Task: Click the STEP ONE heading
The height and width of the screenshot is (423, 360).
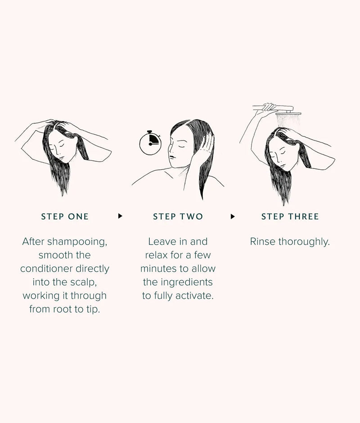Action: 65,217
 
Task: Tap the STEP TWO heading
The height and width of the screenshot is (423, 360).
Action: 178,217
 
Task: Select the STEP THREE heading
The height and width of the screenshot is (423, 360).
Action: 290,217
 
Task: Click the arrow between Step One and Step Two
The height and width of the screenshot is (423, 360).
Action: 120,216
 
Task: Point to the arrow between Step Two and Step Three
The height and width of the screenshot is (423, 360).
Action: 233,216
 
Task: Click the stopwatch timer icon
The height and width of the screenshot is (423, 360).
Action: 150,143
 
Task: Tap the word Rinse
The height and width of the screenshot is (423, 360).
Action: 263,242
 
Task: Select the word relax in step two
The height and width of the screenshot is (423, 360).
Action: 157,255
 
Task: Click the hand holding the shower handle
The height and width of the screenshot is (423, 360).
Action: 269,107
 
